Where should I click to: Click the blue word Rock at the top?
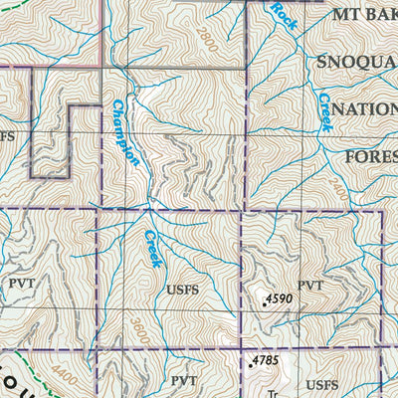point(285,13)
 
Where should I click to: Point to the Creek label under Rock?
point(324,111)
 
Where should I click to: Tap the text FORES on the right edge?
point(370,157)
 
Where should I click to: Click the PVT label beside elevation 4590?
point(310,286)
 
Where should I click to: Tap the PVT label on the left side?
point(22,283)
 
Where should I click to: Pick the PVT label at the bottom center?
point(184,381)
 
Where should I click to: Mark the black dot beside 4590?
point(264,305)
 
